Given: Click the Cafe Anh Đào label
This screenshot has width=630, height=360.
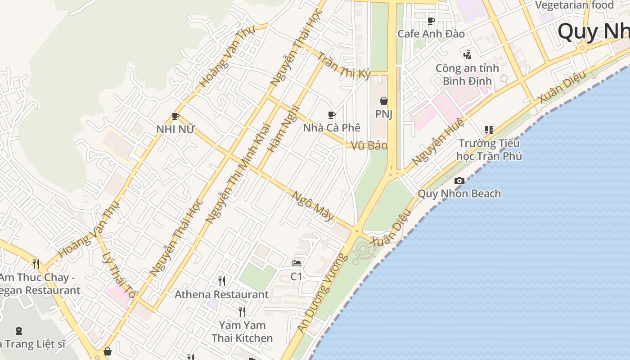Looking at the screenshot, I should point(431,34).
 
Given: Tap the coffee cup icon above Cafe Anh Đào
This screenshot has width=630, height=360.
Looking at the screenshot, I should point(431,21).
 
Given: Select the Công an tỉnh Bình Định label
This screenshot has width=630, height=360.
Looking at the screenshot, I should point(467,75).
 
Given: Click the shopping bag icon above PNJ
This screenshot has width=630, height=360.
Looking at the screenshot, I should point(384,101).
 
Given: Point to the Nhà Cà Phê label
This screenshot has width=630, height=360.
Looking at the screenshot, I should point(332,128).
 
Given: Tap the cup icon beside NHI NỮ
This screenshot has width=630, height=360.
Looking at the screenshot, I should point(175,117).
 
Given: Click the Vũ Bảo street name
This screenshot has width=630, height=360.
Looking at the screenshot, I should point(369,146).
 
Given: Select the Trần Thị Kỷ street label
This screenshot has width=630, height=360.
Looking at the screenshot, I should point(344,65).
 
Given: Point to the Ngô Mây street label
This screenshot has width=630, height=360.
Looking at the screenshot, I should point(314,207).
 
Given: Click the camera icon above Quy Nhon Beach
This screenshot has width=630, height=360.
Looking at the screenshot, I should point(459,181).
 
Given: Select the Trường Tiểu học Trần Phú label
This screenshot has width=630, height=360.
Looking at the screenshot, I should point(489,150).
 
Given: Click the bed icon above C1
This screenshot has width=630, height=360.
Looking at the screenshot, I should point(297,263).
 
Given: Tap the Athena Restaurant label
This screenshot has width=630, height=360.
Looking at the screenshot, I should point(221,295).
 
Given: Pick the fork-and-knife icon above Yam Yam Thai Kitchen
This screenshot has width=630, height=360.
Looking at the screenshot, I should point(242,312).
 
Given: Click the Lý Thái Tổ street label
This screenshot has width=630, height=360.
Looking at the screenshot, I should point(118,275).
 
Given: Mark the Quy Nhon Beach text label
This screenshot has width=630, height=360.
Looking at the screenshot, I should point(459,194).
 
